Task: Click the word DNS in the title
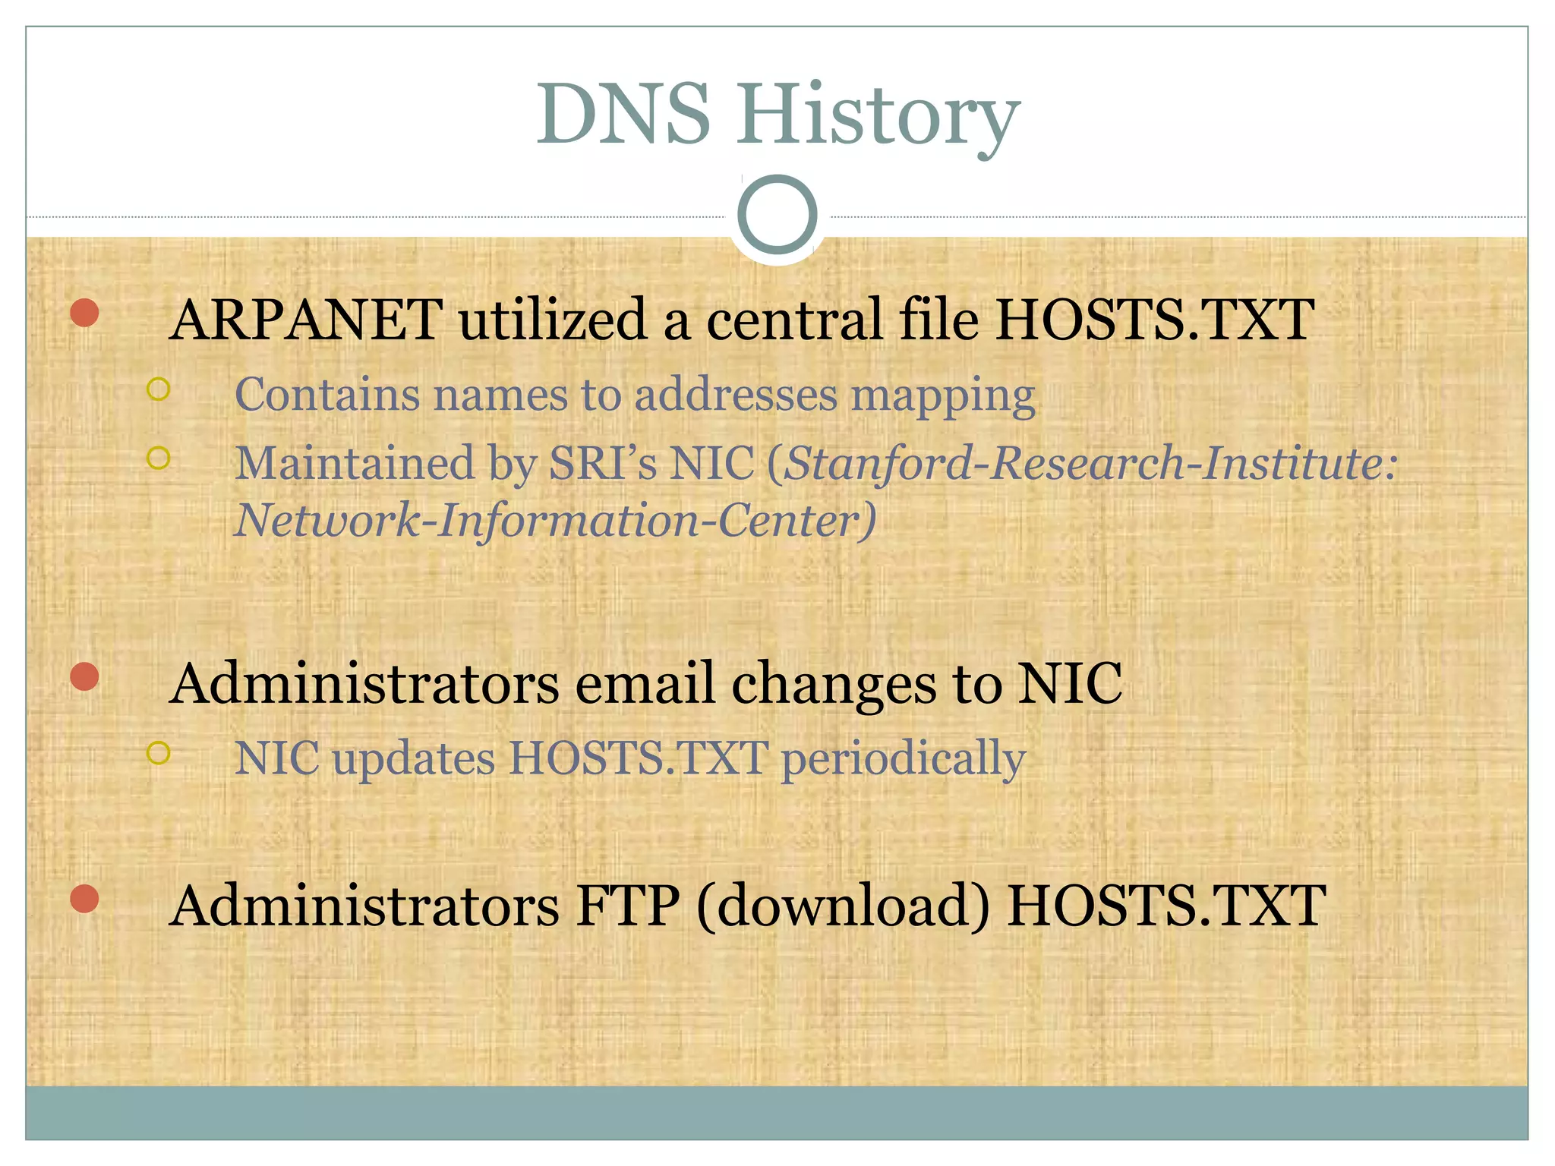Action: click(x=623, y=115)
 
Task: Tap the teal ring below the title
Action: click(x=777, y=215)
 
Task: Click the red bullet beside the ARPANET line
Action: click(x=84, y=313)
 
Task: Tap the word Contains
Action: click(x=326, y=395)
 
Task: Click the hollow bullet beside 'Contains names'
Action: click(x=158, y=389)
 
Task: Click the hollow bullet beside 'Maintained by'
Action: click(x=158, y=458)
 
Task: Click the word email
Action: click(x=645, y=683)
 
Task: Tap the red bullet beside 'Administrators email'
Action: click(x=84, y=676)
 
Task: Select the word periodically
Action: click(x=904, y=759)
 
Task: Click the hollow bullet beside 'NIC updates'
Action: click(x=158, y=753)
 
